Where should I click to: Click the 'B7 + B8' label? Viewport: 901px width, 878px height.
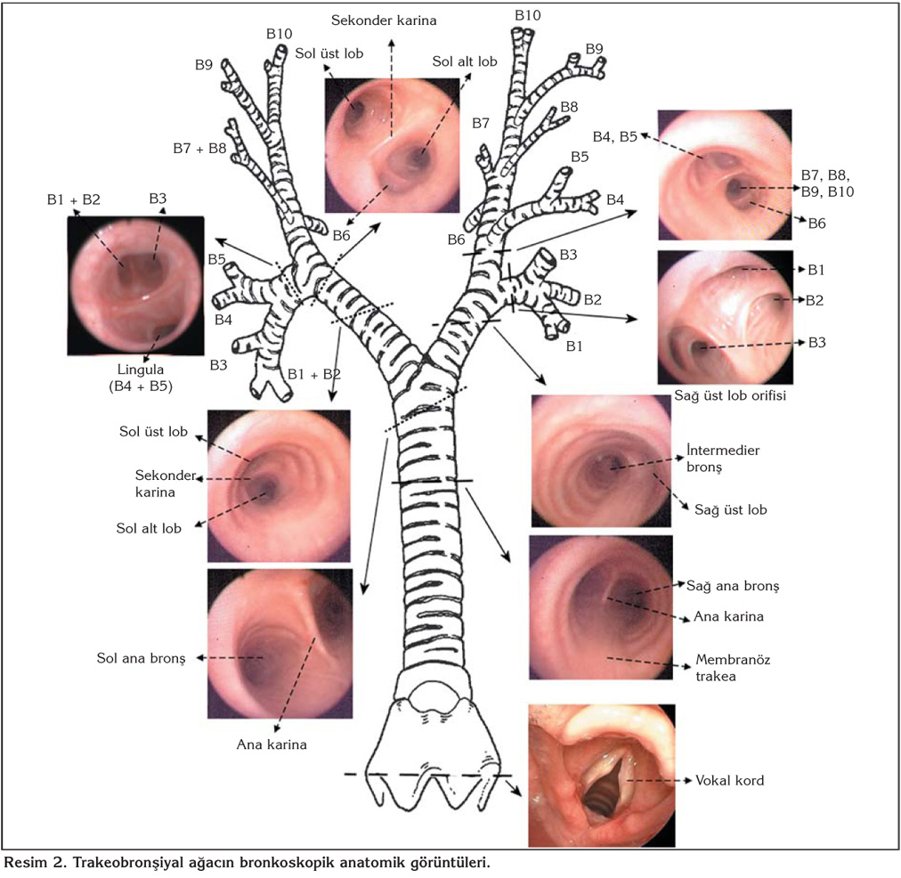[x=199, y=148]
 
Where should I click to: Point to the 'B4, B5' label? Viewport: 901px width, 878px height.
[x=615, y=135]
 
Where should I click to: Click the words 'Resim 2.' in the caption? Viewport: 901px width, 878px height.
[x=35, y=863]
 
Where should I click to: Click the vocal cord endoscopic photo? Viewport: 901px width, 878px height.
[x=601, y=775]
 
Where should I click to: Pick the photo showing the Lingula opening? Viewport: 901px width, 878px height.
[x=135, y=284]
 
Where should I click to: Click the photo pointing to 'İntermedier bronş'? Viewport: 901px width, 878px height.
[x=600, y=460]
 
